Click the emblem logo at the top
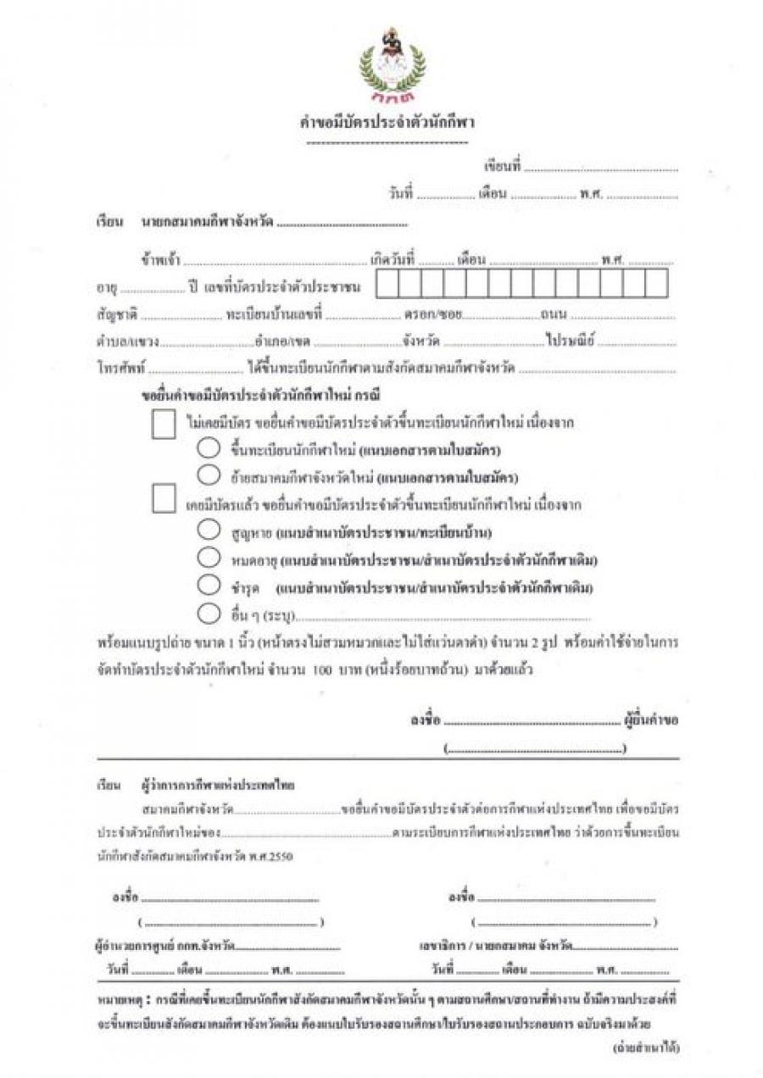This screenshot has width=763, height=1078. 391,59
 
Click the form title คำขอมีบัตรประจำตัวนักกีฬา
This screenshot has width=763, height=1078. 390,122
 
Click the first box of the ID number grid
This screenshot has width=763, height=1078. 387,284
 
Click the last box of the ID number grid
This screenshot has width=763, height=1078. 655,284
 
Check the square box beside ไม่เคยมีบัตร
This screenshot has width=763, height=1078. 164,424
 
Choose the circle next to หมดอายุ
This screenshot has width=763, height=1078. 208,558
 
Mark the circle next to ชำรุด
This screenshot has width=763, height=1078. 208,585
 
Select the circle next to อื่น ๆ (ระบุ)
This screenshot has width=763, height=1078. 208,613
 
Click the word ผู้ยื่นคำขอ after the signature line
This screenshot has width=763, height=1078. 650,721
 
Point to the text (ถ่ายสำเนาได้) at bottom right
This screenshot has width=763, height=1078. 645,1047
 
